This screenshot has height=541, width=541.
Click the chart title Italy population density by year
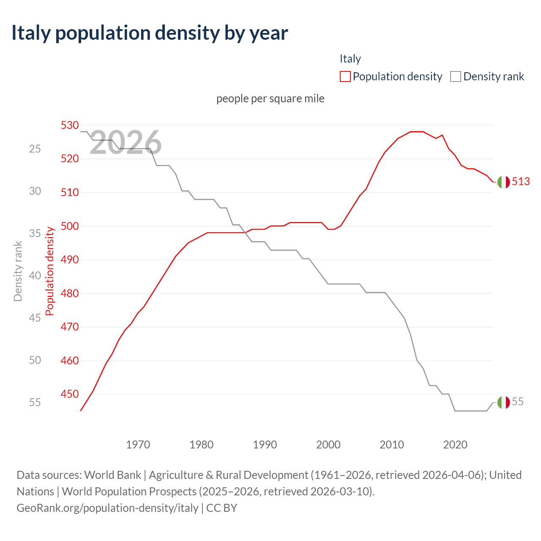150,33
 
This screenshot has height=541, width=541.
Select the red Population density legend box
345,77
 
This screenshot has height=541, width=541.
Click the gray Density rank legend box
456,77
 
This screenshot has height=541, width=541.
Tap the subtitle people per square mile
270,98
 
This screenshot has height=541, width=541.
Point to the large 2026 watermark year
126,143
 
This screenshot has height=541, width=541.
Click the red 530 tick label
70,125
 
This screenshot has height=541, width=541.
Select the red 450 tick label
70,394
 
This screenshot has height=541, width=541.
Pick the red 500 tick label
70,226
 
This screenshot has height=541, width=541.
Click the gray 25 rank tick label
35,149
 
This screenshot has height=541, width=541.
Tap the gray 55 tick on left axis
35,402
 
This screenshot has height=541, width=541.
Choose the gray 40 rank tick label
35,276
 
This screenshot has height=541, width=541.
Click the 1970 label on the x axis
138,445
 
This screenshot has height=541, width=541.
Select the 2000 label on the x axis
328,445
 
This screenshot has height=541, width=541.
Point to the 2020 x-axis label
455,445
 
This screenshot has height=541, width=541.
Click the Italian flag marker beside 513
503,182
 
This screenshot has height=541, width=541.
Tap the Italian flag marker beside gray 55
503,402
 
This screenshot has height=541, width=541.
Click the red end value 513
521,181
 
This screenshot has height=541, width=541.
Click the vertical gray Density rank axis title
18,271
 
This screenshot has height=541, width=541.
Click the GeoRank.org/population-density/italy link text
107,508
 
